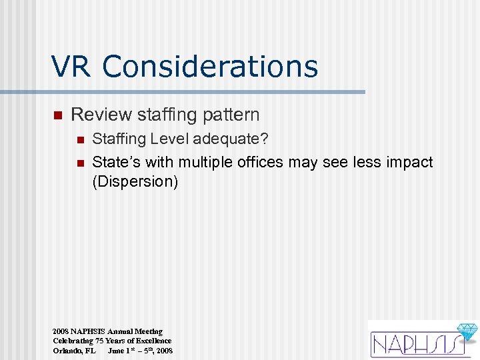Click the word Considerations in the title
pyautogui.click(x=211, y=67)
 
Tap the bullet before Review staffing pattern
pyautogui.click(x=57, y=115)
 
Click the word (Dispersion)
pyautogui.click(x=135, y=182)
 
